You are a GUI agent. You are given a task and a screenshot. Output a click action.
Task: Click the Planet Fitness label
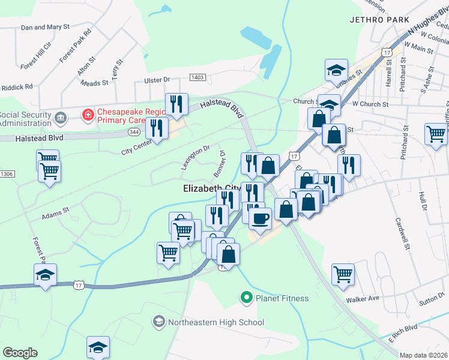pyautogui.click(x=282, y=298)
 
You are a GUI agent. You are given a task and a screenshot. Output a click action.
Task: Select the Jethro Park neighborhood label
pyautogui.click(x=374, y=19)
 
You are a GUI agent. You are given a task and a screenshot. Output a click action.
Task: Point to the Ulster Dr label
pyautogui.click(x=157, y=80)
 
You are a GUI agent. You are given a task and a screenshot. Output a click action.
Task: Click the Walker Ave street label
pyautogui.click(x=363, y=298)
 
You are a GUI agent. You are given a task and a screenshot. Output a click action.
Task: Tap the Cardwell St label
pyautogui.click(x=402, y=233)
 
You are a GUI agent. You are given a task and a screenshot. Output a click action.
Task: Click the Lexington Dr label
pyautogui.click(x=195, y=157)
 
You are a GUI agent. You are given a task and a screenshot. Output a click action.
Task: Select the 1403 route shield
pyautogui.click(x=198, y=77)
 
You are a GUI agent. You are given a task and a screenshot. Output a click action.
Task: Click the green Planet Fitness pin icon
pyautogui.click(x=246, y=297)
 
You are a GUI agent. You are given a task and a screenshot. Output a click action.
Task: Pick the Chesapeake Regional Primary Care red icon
pyautogui.click(x=88, y=113)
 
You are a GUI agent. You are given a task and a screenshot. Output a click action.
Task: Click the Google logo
pyautogui.click(x=20, y=353)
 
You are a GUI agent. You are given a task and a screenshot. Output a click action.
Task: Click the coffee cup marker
pyautogui.click(x=260, y=218)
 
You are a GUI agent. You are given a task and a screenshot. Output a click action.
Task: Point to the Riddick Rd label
pyautogui.click(x=16, y=87)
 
